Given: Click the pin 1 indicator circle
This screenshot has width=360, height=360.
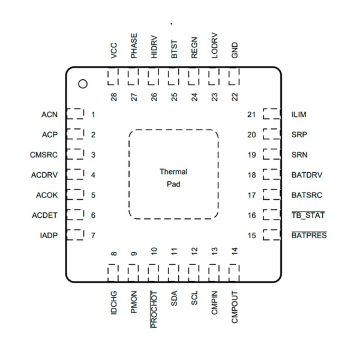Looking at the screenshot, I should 83,83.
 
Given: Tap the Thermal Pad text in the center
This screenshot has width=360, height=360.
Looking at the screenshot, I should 173,178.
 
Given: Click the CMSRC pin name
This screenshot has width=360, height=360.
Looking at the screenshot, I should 44,155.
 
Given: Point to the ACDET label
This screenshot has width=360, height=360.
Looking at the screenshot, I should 45,215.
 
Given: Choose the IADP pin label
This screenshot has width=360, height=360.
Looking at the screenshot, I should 49,235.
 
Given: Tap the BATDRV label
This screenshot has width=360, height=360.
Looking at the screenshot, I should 305,175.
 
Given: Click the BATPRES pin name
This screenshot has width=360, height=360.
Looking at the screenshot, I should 309,235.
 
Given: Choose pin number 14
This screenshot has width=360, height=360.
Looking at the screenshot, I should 234,252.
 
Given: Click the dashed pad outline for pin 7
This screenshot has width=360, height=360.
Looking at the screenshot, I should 74,235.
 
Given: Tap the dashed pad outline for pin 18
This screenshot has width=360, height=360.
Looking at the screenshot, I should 272,175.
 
